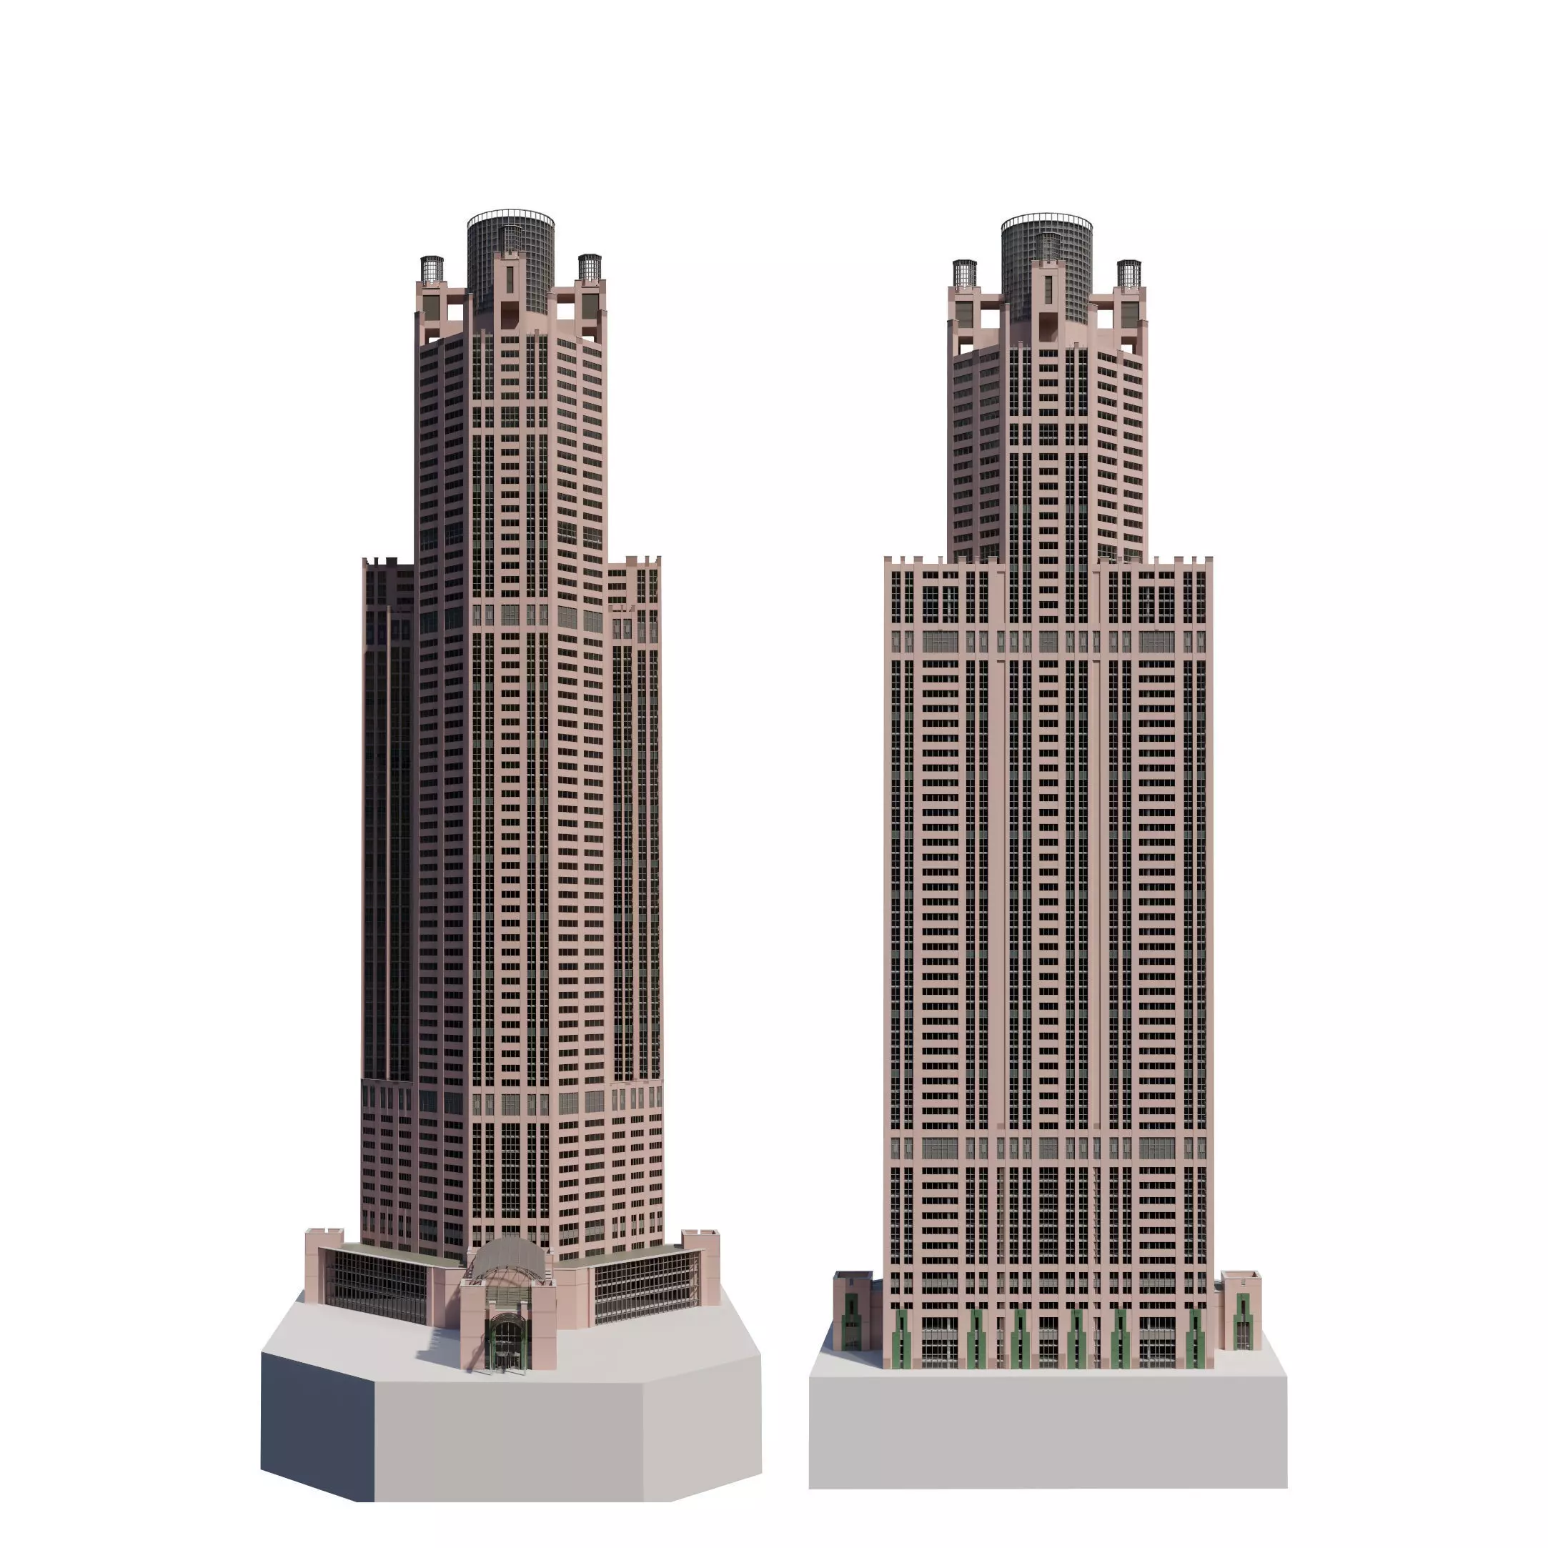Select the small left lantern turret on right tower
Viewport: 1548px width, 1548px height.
pyautogui.click(x=964, y=273)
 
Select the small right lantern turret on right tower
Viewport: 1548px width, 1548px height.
pyautogui.click(x=1129, y=273)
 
